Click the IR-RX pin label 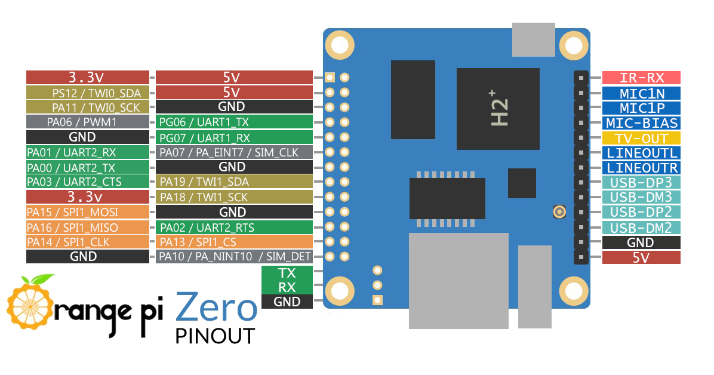click(641, 78)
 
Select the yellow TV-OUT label click(641, 137)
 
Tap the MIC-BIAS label click(641, 123)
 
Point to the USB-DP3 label click(641, 182)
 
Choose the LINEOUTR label click(641, 168)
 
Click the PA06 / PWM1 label click(87, 122)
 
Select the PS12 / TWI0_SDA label click(87, 93)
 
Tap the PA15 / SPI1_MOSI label click(87, 212)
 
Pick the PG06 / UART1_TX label click(234, 122)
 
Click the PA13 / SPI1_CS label click(234, 242)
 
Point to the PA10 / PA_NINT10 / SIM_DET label click(234, 257)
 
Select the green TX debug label click(287, 273)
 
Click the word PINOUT click(215, 336)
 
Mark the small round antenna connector click(559, 211)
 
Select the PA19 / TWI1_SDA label click(234, 182)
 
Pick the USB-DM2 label click(641, 228)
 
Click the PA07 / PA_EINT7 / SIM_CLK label click(234, 152)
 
